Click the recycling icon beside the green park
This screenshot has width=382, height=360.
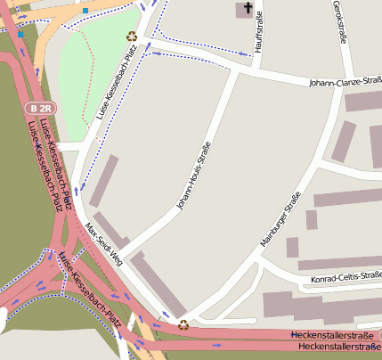132,37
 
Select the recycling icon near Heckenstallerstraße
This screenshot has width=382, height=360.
183,324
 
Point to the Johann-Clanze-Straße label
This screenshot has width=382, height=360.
345,82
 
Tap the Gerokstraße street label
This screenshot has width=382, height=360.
338,22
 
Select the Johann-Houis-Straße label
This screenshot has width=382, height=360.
192,176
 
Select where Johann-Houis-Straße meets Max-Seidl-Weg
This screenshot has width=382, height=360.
125,252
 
